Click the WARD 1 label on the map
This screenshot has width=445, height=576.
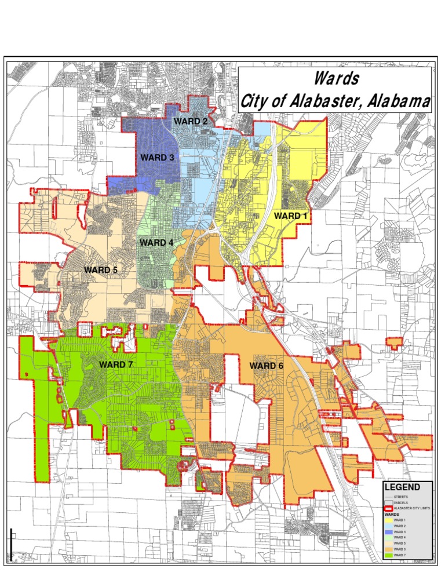click(290, 216)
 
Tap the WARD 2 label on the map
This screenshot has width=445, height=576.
click(191, 121)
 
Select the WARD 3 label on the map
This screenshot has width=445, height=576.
click(157, 158)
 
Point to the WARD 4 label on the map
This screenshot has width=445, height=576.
click(156, 243)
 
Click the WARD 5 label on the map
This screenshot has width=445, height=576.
click(101, 269)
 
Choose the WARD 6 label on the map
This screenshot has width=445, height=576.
click(267, 366)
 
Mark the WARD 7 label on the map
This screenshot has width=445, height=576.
click(116, 364)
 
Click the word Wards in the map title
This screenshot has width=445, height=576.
click(337, 78)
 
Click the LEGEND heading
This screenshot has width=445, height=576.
click(402, 488)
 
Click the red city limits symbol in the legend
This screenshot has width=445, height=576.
click(388, 508)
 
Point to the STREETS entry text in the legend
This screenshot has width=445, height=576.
click(402, 497)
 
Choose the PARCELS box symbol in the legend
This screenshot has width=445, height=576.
click(388, 502)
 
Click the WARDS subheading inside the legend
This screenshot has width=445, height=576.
click(391, 514)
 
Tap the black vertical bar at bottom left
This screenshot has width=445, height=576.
click(10, 545)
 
